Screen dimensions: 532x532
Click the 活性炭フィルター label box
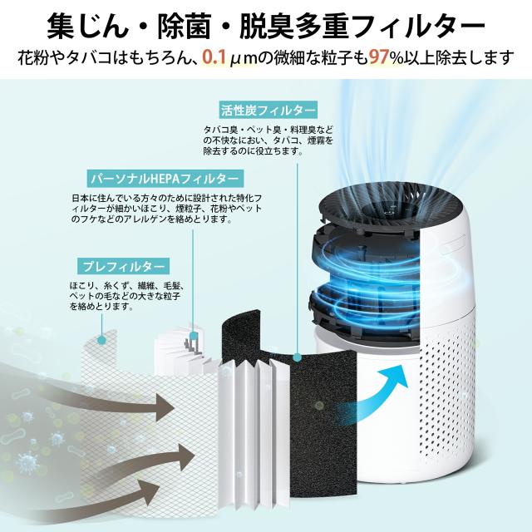coord(268,111)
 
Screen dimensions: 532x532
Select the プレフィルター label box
coord(123,266)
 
